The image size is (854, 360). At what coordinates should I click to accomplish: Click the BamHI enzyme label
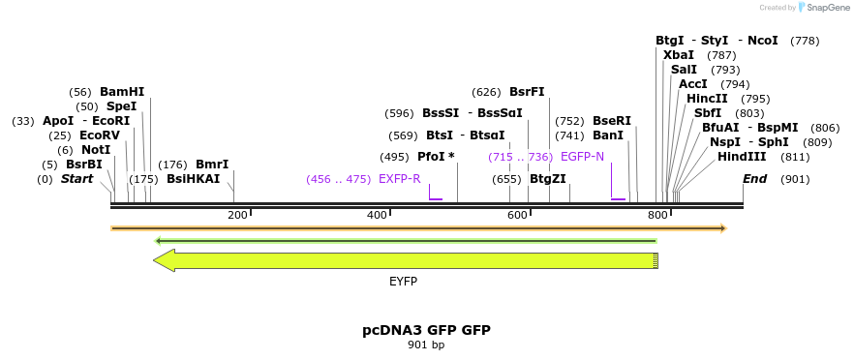click(x=121, y=92)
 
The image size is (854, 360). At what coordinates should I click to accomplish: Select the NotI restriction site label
click(x=96, y=150)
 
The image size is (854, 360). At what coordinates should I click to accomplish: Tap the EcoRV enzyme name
click(x=100, y=135)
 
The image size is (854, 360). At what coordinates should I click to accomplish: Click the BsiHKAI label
click(x=193, y=179)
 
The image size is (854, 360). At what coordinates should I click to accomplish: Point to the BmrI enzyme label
click(x=212, y=165)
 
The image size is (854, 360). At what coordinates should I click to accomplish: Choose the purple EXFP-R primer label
click(x=399, y=179)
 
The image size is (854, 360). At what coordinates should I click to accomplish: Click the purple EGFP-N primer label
click(x=582, y=157)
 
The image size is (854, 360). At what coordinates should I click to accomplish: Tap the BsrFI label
click(x=527, y=92)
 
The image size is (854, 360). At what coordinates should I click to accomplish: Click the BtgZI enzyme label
click(x=548, y=179)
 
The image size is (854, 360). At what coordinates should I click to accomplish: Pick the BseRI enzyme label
click(x=611, y=121)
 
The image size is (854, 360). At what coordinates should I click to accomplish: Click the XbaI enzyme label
click(x=679, y=55)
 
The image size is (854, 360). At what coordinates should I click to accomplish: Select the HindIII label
click(x=742, y=157)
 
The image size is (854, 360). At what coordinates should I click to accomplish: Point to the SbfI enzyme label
click(x=708, y=113)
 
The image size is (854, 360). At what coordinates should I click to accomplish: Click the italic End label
click(x=754, y=179)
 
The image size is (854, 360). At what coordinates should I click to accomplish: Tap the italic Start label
click(x=77, y=179)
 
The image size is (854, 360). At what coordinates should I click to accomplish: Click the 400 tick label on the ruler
click(x=377, y=214)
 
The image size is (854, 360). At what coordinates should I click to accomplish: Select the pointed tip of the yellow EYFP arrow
click(x=155, y=260)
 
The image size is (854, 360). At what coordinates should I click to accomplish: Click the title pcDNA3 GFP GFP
click(x=426, y=330)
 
